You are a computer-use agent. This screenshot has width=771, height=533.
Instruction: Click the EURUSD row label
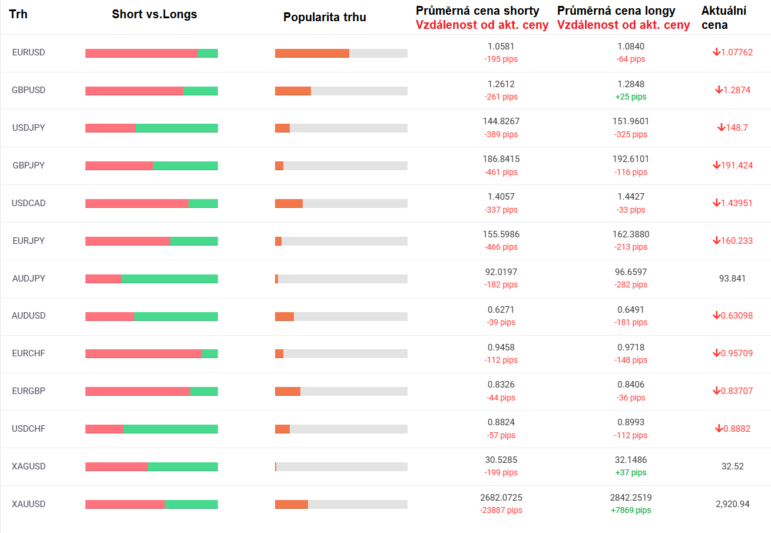pos(28,52)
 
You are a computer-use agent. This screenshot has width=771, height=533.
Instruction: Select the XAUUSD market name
pos(28,504)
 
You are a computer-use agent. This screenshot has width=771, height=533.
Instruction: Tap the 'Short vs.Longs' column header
pos(154,15)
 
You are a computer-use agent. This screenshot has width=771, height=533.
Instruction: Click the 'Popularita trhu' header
pos(325,17)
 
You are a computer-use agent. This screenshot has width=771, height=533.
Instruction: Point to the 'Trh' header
pos(18,15)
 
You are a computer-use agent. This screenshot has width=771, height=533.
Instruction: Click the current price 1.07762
pos(737,52)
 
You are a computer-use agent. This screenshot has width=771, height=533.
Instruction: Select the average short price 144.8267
pos(501,121)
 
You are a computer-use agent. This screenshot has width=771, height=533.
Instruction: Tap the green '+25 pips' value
pos(631,97)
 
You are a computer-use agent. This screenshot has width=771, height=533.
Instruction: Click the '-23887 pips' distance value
pos(501,510)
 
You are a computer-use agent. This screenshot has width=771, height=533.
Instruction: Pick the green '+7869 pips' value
pos(631,510)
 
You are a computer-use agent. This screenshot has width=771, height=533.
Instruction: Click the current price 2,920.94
pos(733,504)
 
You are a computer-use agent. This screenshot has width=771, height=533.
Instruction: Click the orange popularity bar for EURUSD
pos(312,53)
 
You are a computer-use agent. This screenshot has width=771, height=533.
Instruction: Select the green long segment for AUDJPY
pos(169,279)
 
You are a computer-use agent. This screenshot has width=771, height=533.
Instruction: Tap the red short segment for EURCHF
pos(143,353)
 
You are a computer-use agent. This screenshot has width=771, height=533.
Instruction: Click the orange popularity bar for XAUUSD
pos(291,504)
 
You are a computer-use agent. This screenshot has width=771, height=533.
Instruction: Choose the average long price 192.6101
pos(631,159)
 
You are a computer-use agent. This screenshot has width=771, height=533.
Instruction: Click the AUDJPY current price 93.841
pos(733,279)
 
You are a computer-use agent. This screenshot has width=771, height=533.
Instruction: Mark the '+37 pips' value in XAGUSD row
pos(631,472)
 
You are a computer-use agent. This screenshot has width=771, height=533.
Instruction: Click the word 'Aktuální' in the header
pos(723,11)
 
